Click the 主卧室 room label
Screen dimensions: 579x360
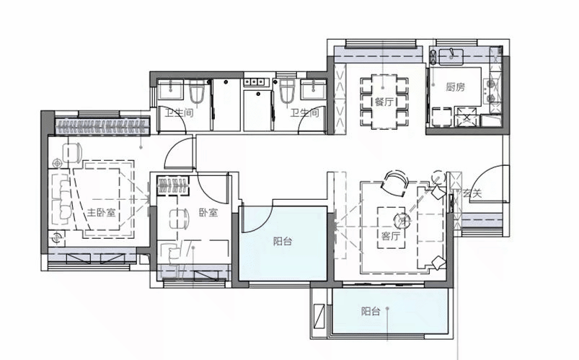(x=101, y=213)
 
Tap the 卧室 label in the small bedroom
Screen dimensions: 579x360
(x=208, y=213)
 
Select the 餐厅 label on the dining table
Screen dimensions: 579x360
(x=384, y=102)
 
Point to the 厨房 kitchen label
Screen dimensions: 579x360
(x=455, y=87)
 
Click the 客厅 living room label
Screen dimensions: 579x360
(x=391, y=235)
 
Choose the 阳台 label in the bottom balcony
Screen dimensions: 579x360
(x=371, y=311)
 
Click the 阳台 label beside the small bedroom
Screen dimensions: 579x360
(x=283, y=242)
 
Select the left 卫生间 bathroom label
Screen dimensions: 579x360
(x=179, y=113)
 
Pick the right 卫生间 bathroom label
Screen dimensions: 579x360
(x=304, y=113)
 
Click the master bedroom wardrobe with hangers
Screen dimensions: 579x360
(x=102, y=127)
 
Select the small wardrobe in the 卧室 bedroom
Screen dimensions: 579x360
(x=173, y=185)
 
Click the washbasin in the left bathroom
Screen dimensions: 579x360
(x=171, y=89)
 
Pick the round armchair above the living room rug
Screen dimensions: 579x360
(x=394, y=183)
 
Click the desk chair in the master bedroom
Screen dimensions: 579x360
(x=72, y=152)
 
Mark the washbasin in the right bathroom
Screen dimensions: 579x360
(x=314, y=89)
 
